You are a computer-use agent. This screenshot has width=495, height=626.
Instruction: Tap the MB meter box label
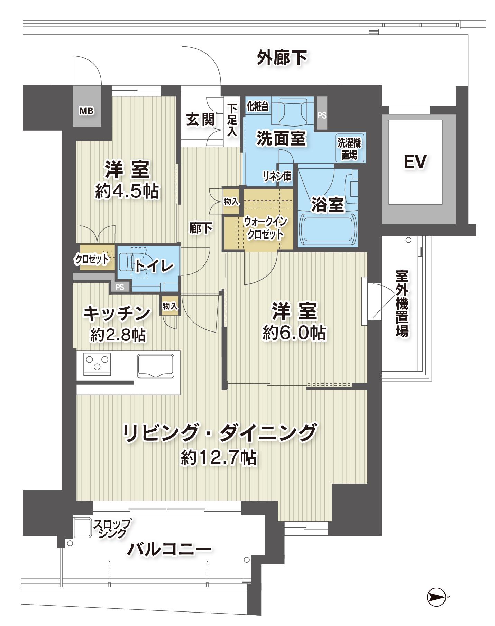(86, 111)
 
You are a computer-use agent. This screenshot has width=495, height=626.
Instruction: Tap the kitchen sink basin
(155, 366)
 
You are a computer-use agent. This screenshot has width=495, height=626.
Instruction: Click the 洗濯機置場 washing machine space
(349, 148)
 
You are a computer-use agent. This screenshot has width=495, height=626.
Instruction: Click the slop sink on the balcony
(83, 528)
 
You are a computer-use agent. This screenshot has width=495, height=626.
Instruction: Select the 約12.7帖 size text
(219, 458)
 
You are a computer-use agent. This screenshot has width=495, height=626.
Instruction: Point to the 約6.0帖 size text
(294, 333)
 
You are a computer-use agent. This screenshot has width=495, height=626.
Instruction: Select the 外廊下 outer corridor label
(282, 58)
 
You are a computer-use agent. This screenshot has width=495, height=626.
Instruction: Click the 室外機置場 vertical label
(402, 303)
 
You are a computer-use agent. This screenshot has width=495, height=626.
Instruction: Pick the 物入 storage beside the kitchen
(170, 306)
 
